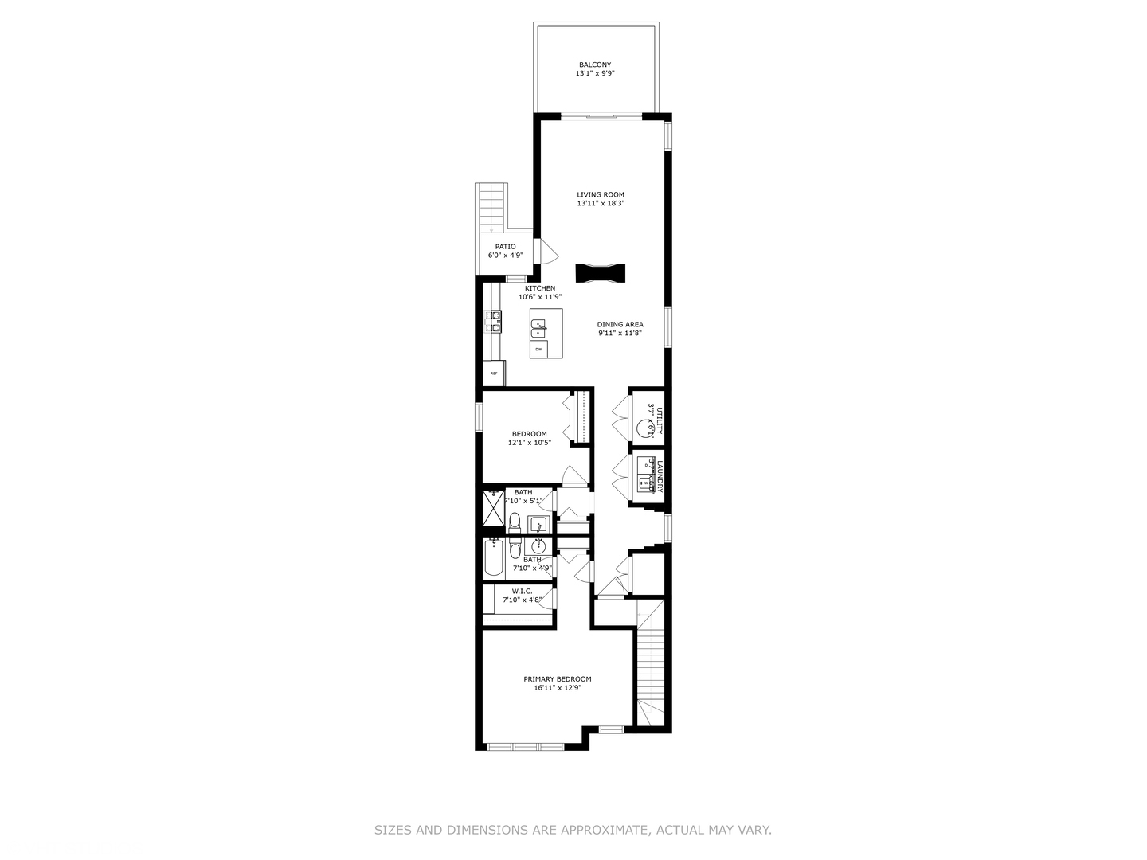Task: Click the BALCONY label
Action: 595,64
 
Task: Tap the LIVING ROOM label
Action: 601,194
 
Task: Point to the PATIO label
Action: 505,247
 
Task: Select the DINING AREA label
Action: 620,324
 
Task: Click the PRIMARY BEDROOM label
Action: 557,679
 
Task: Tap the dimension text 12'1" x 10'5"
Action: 529,443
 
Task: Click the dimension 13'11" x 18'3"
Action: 601,204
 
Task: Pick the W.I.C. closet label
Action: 522,591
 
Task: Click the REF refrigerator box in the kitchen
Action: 494,373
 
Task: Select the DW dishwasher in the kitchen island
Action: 539,350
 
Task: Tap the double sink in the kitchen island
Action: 540,326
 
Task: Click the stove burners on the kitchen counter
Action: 495,321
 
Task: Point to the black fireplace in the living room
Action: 601,273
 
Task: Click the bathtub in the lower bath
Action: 493,559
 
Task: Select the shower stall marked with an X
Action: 493,508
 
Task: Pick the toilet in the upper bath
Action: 515,523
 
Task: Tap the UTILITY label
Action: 660,420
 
